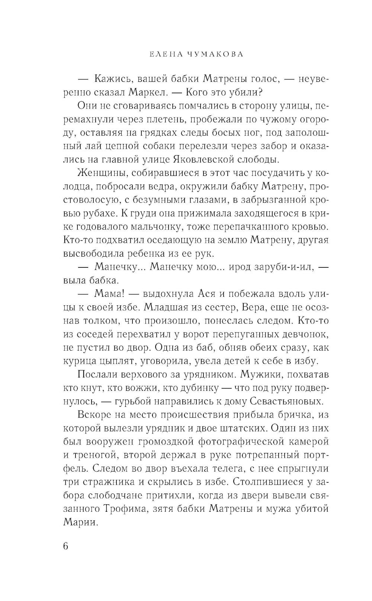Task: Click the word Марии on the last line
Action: (x=80, y=522)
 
